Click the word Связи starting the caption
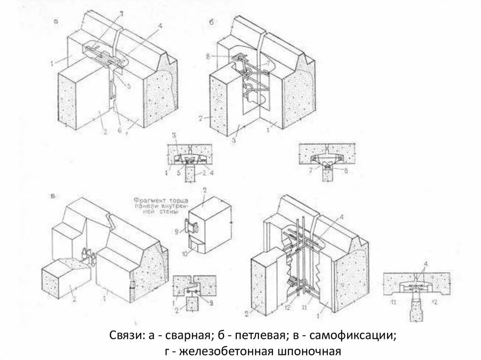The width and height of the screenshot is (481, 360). pyautogui.click(x=123, y=336)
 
